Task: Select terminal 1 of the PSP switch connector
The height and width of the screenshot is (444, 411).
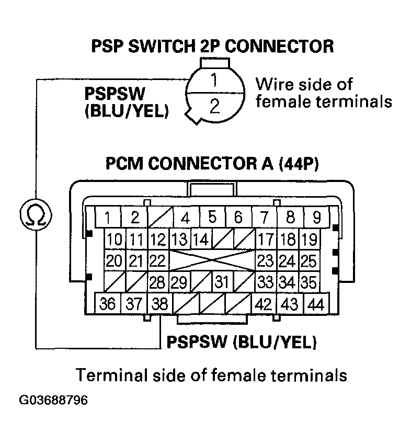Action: (x=214, y=81)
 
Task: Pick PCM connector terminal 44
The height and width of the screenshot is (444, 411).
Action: (x=315, y=304)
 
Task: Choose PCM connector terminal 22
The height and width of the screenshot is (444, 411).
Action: (x=157, y=260)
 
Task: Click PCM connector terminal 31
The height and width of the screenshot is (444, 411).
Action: (x=222, y=282)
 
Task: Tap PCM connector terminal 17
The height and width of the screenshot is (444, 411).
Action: (x=266, y=240)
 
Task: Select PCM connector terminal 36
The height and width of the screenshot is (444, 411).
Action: (x=107, y=304)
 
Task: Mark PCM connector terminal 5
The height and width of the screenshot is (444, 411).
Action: (x=212, y=216)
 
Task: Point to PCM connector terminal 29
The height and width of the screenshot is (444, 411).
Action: (x=179, y=282)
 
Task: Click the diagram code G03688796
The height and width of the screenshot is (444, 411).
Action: (x=53, y=401)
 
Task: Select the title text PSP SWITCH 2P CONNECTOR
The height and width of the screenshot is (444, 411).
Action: (x=212, y=47)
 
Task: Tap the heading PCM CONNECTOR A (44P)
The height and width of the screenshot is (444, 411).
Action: (x=212, y=164)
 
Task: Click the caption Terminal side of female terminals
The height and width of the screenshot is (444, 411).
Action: (x=211, y=375)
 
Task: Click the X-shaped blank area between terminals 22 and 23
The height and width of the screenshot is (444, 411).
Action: (x=211, y=260)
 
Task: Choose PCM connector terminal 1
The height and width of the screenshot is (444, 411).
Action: (x=107, y=216)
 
